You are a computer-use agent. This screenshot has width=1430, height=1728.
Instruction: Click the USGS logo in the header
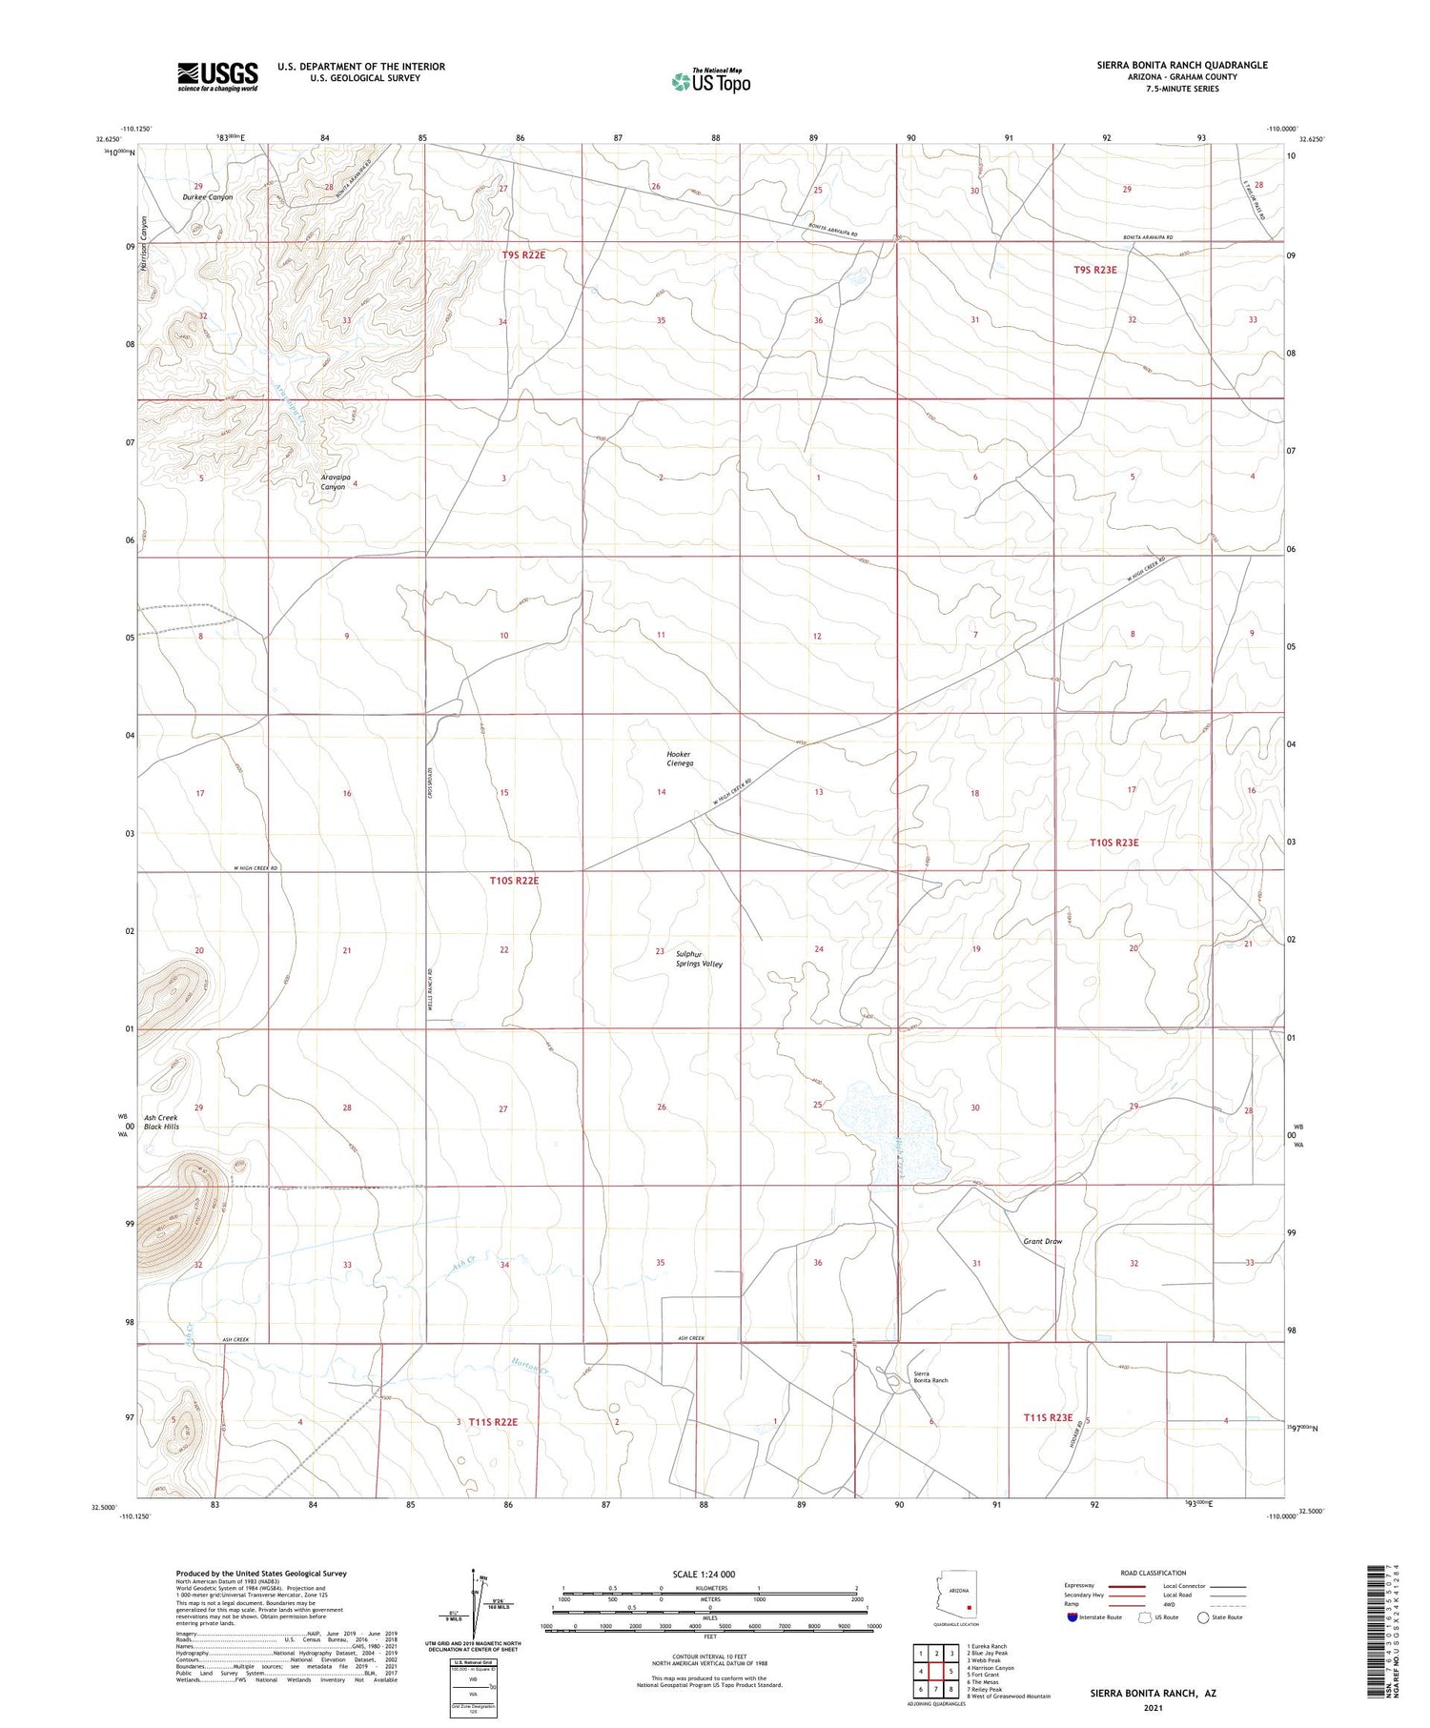click(x=217, y=76)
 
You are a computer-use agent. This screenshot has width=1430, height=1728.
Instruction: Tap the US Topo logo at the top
click(x=710, y=82)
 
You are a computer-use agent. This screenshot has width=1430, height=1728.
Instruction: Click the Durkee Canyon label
click(x=208, y=197)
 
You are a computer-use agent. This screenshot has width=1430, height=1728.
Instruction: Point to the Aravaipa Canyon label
click(x=333, y=481)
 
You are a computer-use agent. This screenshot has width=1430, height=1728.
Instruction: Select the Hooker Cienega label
click(x=680, y=759)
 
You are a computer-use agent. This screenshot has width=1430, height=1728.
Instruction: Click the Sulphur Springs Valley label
click(x=700, y=959)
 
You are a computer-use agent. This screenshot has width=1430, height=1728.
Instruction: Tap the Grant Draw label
click(x=1042, y=1241)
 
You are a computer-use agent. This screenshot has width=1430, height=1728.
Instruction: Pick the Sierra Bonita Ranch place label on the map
click(x=930, y=1376)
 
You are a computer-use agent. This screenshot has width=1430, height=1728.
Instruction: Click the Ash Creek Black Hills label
click(x=161, y=1122)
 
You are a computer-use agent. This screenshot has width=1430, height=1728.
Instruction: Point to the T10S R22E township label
click(x=514, y=881)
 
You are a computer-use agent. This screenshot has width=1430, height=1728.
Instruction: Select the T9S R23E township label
click(x=1094, y=270)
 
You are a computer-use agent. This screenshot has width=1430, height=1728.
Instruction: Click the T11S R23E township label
click(x=1048, y=1417)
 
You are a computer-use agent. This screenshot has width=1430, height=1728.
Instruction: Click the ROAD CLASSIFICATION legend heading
click(x=1154, y=1573)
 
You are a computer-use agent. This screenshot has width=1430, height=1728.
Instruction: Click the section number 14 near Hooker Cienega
click(x=661, y=792)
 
